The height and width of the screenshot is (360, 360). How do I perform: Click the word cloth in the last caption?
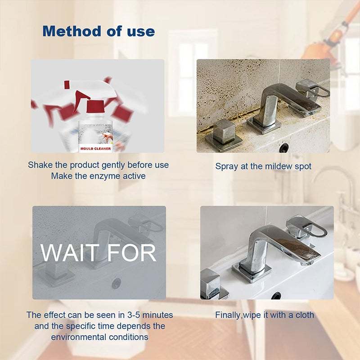[304, 315]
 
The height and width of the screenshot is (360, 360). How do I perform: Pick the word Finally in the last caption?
[229, 315]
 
